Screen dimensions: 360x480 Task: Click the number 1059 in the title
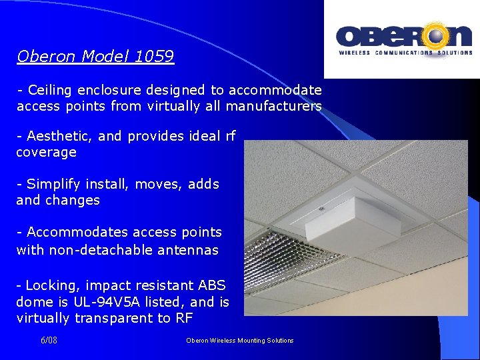click(x=154, y=57)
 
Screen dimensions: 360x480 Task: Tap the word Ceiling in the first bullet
click(x=51, y=90)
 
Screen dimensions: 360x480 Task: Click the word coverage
click(x=46, y=153)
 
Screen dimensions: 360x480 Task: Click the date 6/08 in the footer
click(x=49, y=341)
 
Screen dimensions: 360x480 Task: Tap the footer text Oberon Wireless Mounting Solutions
click(x=239, y=341)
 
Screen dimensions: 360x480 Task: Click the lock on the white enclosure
click(x=321, y=209)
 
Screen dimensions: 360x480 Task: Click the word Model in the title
click(x=105, y=57)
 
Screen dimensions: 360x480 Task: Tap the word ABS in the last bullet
click(x=213, y=286)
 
